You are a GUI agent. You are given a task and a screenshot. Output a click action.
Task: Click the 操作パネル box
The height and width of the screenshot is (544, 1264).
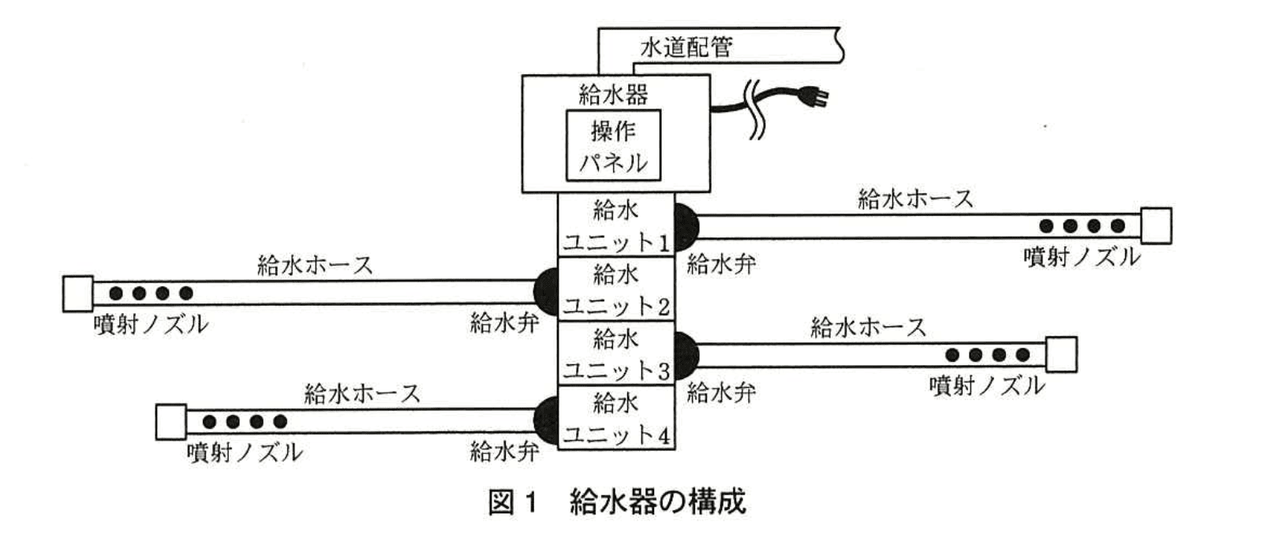[x=613, y=146]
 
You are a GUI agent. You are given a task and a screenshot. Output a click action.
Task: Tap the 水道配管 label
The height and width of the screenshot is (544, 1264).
[x=686, y=47]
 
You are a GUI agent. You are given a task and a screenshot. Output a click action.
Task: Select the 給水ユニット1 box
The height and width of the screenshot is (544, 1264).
[x=615, y=225]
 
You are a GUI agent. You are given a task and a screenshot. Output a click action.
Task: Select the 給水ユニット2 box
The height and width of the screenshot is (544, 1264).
[x=615, y=289]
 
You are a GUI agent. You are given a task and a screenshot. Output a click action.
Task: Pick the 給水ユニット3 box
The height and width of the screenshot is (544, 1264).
[x=615, y=354]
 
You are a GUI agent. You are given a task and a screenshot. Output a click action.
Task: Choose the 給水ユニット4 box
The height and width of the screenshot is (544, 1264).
[x=615, y=418]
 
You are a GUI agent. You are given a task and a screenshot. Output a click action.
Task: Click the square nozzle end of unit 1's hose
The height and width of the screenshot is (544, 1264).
[x=1156, y=226]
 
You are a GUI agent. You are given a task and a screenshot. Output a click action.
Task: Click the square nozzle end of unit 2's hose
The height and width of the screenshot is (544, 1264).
[x=78, y=293]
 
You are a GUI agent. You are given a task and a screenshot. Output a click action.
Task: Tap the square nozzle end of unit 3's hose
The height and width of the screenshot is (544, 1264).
[x=1061, y=355]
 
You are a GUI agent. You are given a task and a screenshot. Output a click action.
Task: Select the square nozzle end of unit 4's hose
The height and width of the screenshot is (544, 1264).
[x=171, y=422]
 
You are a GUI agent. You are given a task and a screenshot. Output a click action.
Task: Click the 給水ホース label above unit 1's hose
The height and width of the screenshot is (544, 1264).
[x=915, y=199]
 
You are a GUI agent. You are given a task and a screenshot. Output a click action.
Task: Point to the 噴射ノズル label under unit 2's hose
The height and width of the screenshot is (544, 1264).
[x=150, y=323]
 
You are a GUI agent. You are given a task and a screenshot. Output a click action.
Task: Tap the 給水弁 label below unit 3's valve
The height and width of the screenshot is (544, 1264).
[x=720, y=392]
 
